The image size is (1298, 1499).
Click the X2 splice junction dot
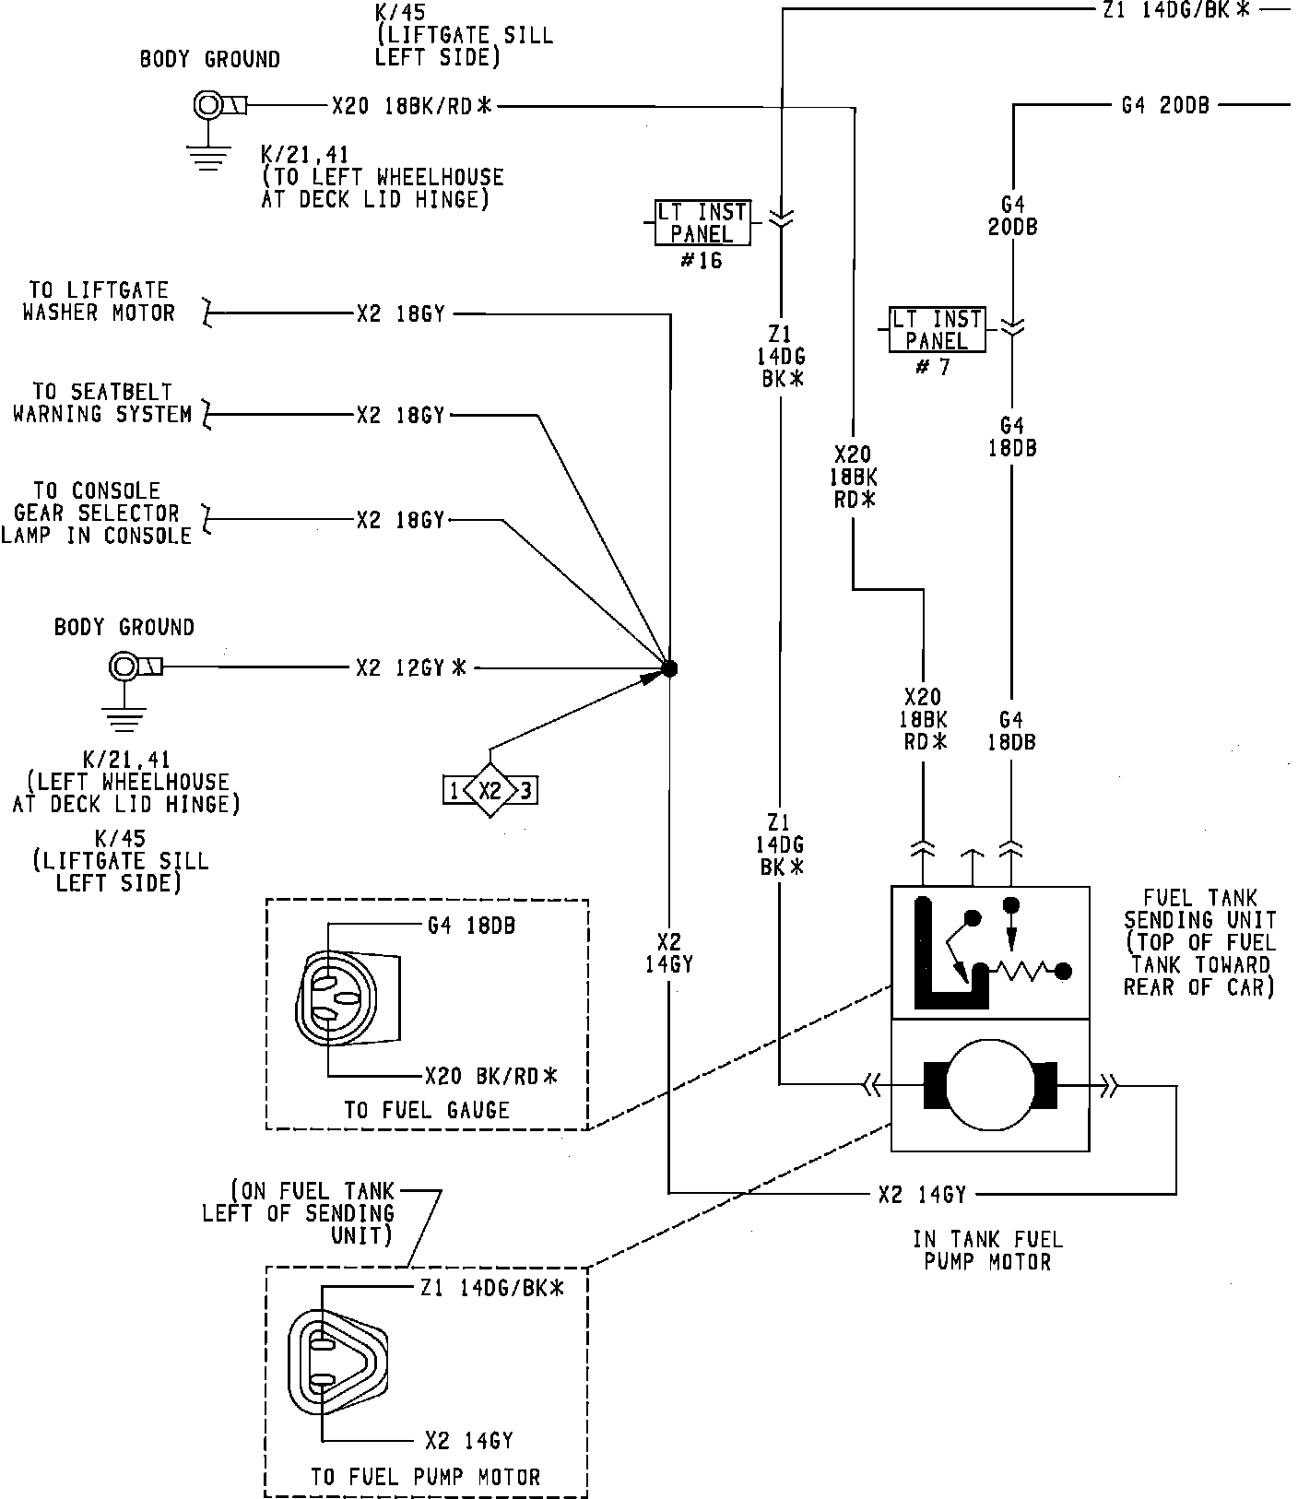pyautogui.click(x=670, y=668)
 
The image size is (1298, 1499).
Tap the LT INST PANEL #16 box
pyautogui.click(x=702, y=222)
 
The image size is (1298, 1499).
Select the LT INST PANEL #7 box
pyautogui.click(x=937, y=329)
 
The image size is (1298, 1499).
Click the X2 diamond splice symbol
pyautogui.click(x=490, y=790)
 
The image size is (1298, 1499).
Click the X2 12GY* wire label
pyautogui.click(x=411, y=667)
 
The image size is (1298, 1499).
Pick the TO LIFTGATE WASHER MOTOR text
pyautogui.click(x=99, y=301)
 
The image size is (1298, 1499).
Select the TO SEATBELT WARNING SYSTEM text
pyautogui.click(x=102, y=403)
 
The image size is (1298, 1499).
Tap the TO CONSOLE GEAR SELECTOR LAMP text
pyautogui.click(x=97, y=513)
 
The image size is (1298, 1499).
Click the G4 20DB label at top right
pyautogui.click(x=1165, y=105)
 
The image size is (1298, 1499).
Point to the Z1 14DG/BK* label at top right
pyautogui.click(x=1174, y=10)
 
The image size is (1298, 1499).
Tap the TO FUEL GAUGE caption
pyautogui.click(x=427, y=1110)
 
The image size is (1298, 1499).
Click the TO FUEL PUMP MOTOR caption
pyautogui.click(x=425, y=1477)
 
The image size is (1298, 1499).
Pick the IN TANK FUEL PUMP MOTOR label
pyautogui.click(x=988, y=1250)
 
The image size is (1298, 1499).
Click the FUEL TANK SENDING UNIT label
pyautogui.click(x=1199, y=942)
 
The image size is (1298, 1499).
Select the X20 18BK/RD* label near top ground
pyautogui.click(x=412, y=106)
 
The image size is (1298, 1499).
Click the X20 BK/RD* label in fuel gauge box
pyautogui.click(x=491, y=1075)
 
